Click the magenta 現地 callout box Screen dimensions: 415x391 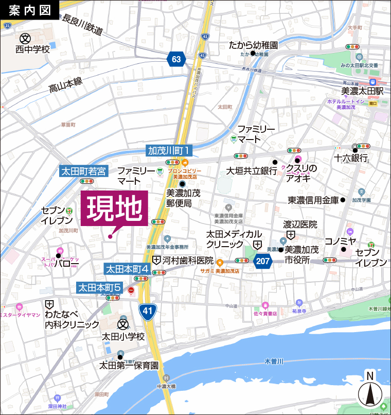114,208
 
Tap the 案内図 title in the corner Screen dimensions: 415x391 29,10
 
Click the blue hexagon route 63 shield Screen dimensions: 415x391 176,59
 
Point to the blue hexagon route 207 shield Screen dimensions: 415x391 262,262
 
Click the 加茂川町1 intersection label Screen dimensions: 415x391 169,151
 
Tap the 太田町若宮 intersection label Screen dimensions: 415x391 83,171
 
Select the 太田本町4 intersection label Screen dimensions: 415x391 127,269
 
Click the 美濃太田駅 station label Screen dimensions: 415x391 363,91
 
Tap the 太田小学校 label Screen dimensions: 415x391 123,336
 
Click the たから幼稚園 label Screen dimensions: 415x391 253,45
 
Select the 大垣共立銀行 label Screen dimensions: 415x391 252,170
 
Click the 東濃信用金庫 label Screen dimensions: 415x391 313,200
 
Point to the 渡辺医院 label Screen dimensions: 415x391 300,224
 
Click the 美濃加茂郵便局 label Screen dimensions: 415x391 183,198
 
